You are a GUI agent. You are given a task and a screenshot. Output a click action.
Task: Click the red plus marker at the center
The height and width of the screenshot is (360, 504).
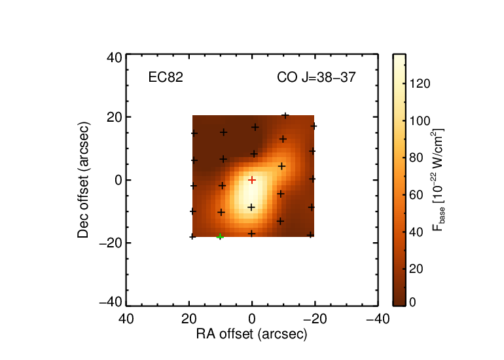(252, 180)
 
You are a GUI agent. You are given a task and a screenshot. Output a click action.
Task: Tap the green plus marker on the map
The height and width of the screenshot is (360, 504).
(220, 236)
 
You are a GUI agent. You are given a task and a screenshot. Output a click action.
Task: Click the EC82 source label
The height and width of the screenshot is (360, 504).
(166, 77)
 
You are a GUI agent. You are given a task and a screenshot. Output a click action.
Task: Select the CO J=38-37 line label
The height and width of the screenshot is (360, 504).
(316, 77)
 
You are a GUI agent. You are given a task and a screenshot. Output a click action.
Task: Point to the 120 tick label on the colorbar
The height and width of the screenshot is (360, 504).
(420, 84)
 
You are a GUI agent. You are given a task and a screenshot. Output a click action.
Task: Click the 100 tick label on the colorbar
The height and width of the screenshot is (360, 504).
(420, 121)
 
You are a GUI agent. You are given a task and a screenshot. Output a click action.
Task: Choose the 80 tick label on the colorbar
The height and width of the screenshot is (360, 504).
(416, 158)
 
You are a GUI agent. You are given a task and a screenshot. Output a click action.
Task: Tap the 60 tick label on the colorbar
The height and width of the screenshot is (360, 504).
(416, 195)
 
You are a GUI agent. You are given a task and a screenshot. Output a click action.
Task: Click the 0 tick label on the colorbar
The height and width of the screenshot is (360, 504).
(413, 302)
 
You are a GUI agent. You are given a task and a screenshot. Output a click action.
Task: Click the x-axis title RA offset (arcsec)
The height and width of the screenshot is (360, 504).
(252, 334)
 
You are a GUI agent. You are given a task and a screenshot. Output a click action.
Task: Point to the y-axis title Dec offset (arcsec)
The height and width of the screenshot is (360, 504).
(83, 180)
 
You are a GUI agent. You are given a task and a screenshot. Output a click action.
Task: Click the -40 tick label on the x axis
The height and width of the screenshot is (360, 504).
(378, 319)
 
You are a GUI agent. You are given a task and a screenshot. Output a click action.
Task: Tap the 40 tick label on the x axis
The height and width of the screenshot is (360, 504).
(126, 319)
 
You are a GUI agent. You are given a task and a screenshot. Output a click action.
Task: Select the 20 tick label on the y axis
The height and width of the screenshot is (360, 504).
(115, 117)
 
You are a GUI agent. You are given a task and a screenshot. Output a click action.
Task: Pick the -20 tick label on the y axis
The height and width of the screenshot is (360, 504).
(111, 243)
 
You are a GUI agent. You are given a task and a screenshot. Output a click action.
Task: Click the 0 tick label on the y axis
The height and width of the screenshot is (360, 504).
(118, 180)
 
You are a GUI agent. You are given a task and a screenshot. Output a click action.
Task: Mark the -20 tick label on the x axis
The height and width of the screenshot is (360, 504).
(315, 319)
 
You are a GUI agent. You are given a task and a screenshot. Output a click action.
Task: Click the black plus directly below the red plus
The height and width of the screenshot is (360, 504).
(251, 207)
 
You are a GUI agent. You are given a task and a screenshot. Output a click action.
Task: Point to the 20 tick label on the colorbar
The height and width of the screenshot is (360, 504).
(416, 269)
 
